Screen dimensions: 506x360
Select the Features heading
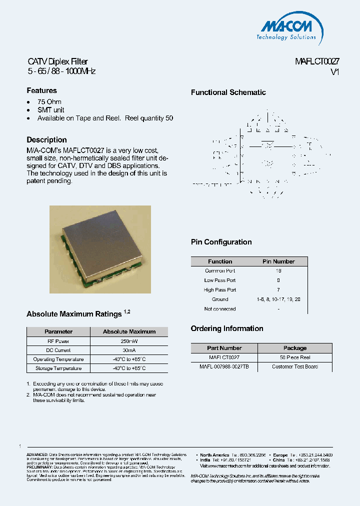pyautogui.click(x=41, y=90)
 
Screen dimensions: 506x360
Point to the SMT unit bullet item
pyautogui.click(x=50, y=110)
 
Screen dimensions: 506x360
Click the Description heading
pyautogui.click(x=46, y=140)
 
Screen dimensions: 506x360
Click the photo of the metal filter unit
pyautogui.click(x=100, y=248)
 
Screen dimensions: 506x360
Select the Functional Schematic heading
pyautogui.click(x=228, y=92)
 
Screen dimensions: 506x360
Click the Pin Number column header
pyautogui.click(x=278, y=261)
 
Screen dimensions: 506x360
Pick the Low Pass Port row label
pyautogui.click(x=220, y=280)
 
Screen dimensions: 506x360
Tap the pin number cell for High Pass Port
pyautogui.click(x=278, y=290)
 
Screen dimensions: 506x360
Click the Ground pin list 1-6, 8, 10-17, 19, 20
pyautogui.click(x=278, y=299)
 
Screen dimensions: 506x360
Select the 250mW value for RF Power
pyautogui.click(x=129, y=341)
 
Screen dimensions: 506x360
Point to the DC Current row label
pyautogui.click(x=58, y=350)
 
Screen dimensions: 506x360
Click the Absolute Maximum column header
pyautogui.click(x=129, y=331)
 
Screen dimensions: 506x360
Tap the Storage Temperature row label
pyautogui.click(x=58, y=368)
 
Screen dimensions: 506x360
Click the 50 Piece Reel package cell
pyautogui.click(x=295, y=357)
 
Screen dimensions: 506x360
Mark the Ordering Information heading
pyautogui.click(x=227, y=328)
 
